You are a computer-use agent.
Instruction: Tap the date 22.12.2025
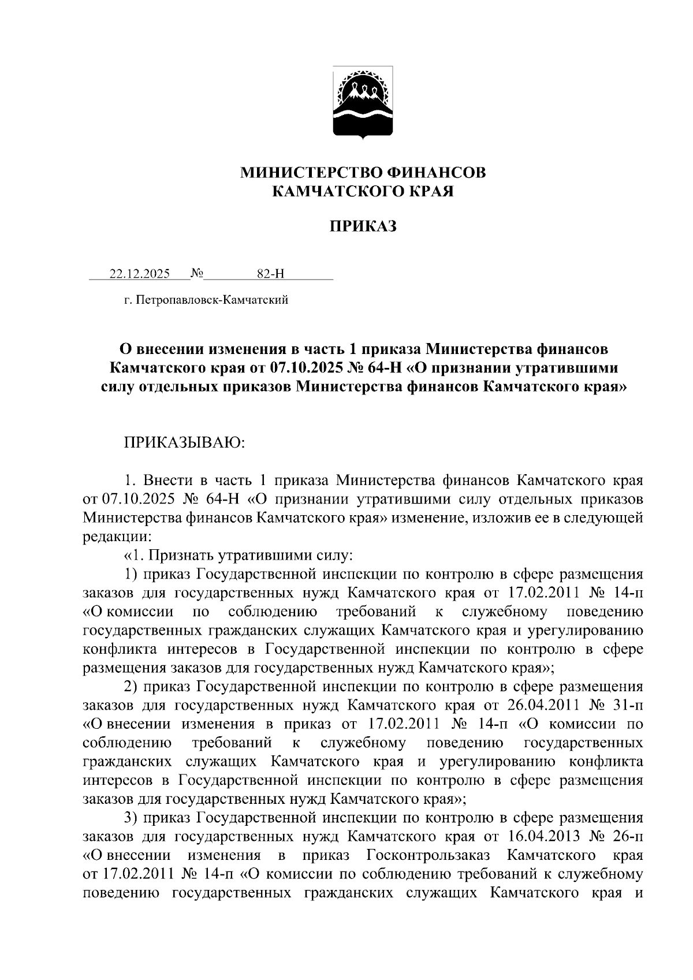pos(140,274)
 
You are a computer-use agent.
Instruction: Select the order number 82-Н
pos(271,274)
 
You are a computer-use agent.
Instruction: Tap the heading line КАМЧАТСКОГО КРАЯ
pos(363,191)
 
